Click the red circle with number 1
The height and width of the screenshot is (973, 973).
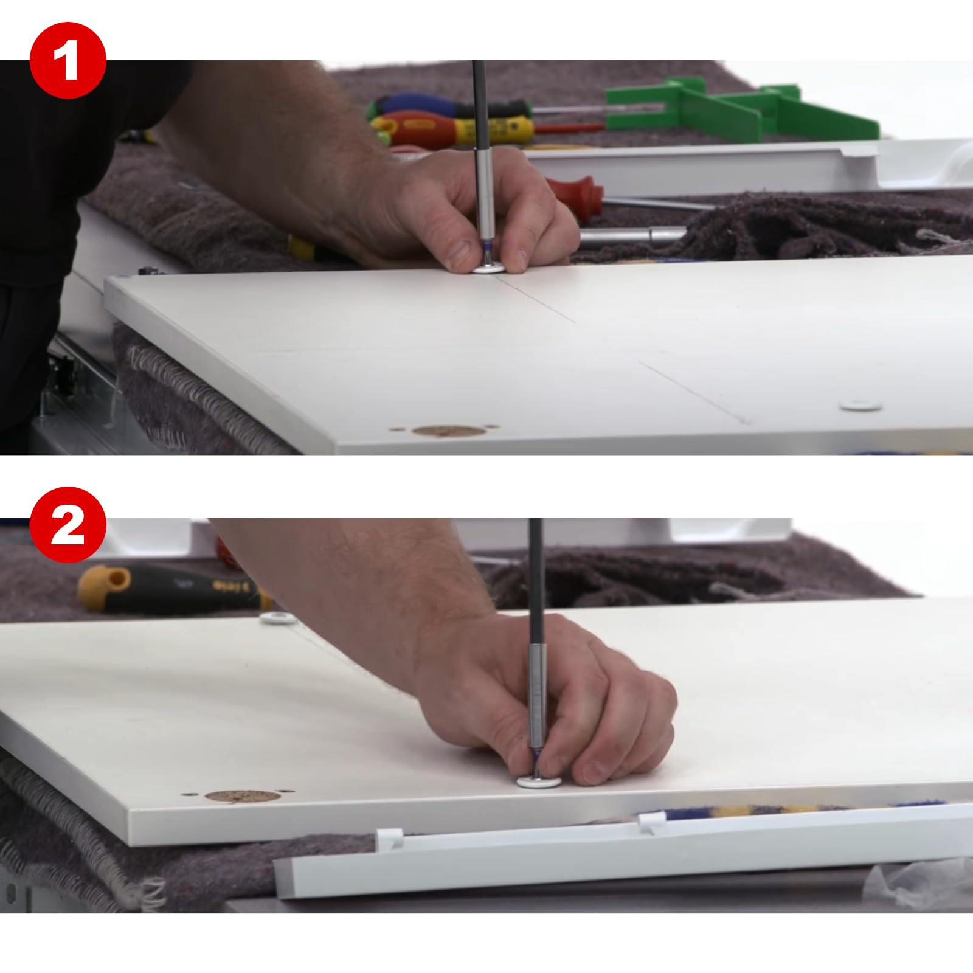point(68,61)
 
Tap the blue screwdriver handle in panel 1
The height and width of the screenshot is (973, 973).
point(420,105)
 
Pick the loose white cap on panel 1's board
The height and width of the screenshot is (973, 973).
point(860,404)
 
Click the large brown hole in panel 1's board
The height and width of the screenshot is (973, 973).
point(449,431)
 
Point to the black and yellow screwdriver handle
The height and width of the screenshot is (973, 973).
point(170,589)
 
